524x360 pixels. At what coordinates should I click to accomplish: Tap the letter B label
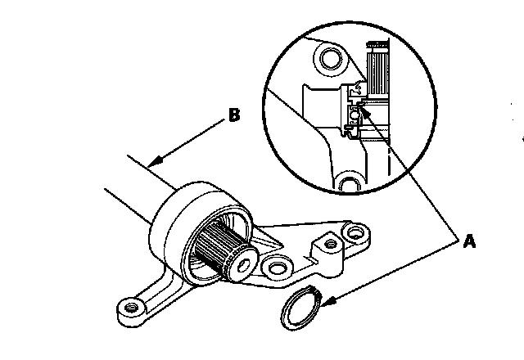point(233,115)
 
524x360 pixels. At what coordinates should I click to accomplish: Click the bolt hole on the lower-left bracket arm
point(129,309)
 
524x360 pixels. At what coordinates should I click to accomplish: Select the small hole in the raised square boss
point(330,244)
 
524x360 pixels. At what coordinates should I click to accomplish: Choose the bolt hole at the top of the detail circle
point(330,58)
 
